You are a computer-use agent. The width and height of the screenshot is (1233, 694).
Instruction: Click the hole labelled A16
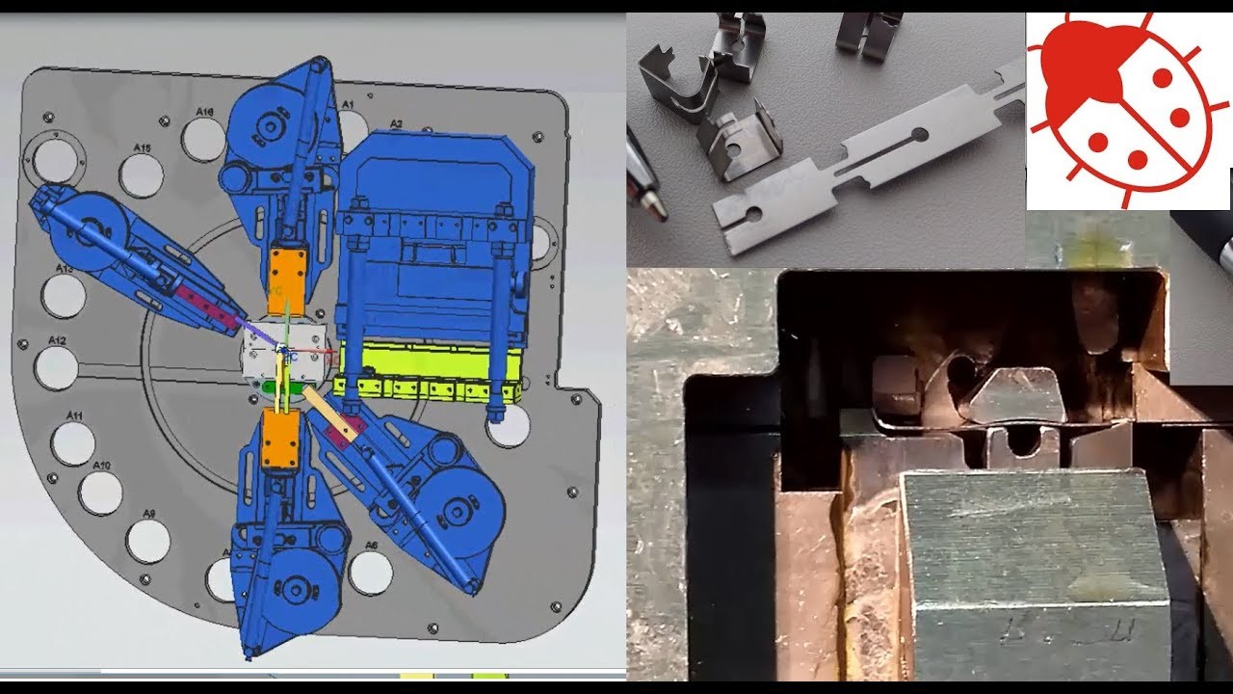[x=203, y=140]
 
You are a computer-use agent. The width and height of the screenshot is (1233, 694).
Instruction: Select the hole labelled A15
[x=142, y=175]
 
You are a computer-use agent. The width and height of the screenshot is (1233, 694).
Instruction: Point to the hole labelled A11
[x=74, y=442]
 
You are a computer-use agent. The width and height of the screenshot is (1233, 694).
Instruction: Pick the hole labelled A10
[x=101, y=493]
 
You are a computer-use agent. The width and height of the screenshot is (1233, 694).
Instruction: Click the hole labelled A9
[x=148, y=541]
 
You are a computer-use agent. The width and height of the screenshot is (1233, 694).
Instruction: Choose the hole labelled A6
[x=370, y=573]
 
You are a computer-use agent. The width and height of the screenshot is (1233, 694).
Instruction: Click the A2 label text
[x=396, y=124]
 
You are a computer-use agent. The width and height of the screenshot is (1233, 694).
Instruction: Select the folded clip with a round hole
[x=739, y=145]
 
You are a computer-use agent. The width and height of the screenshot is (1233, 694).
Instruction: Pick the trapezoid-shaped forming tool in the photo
[x=1016, y=396]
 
